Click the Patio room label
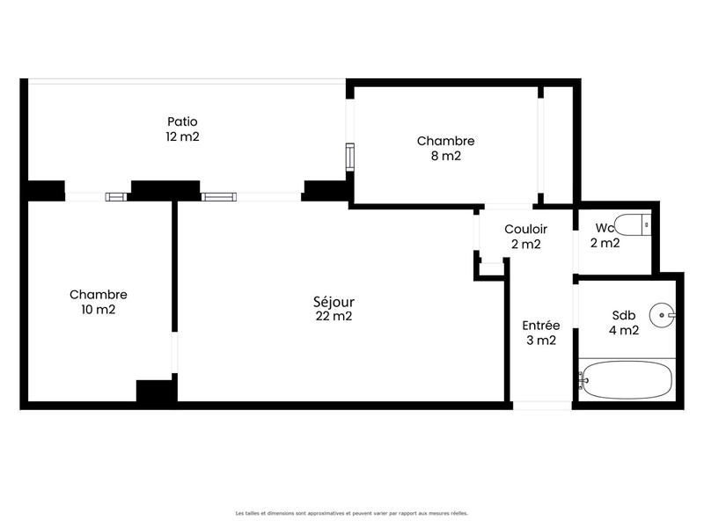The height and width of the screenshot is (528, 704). (x=182, y=121)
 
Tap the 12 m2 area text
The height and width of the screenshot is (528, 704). (x=182, y=136)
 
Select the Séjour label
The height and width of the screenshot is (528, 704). (x=334, y=302)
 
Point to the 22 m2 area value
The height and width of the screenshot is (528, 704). (x=334, y=317)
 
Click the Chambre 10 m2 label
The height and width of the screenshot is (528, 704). (x=99, y=295)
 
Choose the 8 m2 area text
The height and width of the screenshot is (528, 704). (x=445, y=156)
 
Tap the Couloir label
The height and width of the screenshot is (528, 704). (x=525, y=229)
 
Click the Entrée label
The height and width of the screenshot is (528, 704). (x=540, y=325)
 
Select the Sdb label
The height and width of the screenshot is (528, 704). (x=624, y=316)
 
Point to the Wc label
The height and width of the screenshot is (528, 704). (x=605, y=228)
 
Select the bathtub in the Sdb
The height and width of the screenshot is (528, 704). (x=627, y=380)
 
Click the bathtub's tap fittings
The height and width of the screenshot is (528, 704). (x=582, y=380)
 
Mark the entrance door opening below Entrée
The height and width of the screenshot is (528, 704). (x=541, y=406)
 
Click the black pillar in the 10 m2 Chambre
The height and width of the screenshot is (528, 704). (x=156, y=391)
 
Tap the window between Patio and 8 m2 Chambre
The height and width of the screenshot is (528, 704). (x=350, y=156)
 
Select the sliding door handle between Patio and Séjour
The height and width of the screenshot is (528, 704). (x=219, y=196)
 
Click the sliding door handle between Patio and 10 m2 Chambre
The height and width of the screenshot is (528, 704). (x=116, y=196)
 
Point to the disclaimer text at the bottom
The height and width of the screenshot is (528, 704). (x=351, y=513)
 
